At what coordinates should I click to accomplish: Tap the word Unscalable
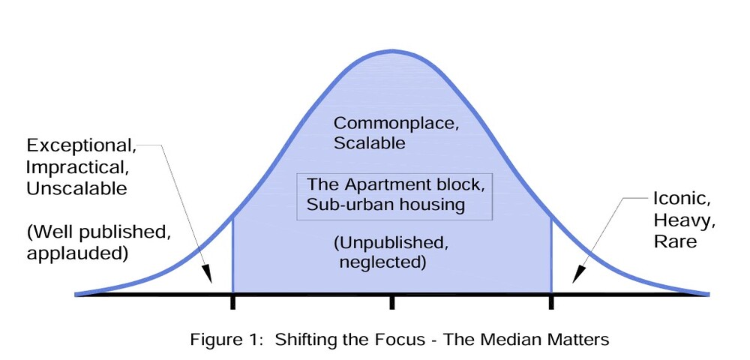[x=76, y=188]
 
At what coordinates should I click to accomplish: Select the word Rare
[x=675, y=241]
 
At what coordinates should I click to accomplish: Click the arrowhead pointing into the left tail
[x=208, y=279]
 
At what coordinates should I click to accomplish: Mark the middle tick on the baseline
[x=391, y=301]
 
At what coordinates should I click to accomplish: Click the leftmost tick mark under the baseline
[x=232, y=301]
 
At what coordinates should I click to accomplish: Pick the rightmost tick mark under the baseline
[x=551, y=301]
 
